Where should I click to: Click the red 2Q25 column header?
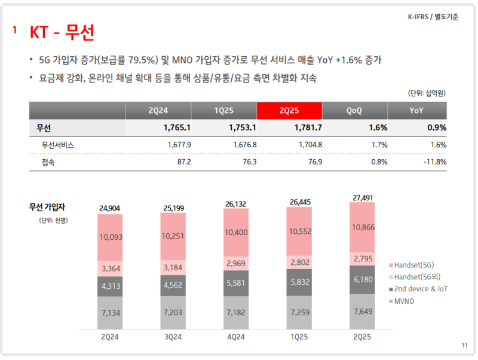click(x=289, y=111)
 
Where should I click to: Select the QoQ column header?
click(x=354, y=111)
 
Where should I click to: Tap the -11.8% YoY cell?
click(x=434, y=162)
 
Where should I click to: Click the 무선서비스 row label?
click(x=58, y=145)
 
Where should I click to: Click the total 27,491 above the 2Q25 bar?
click(x=362, y=197)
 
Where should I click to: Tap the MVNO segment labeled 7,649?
click(x=362, y=311)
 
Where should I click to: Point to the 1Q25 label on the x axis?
click(x=300, y=337)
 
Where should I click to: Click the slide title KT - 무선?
click(x=62, y=32)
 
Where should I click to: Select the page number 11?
click(x=465, y=346)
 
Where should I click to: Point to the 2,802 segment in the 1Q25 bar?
click(x=300, y=261)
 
